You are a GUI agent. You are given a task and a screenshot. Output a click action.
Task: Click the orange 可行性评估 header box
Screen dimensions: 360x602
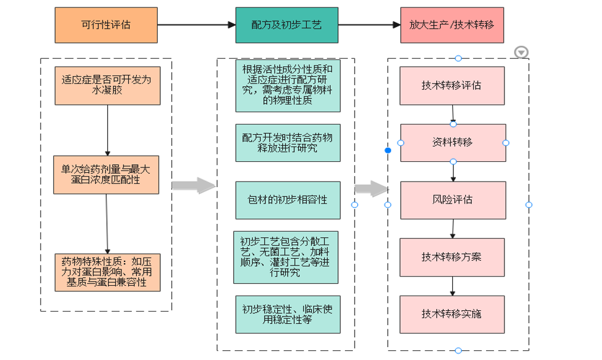(x=106, y=25)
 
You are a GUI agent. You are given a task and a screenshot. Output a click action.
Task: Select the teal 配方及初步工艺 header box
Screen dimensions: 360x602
(x=286, y=25)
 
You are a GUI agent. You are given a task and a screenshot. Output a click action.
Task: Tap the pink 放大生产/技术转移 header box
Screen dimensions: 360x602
(x=452, y=25)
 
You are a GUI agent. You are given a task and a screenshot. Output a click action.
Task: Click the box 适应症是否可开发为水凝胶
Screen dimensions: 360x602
(x=107, y=86)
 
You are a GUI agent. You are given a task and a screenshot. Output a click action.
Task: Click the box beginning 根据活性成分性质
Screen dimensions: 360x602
(x=287, y=85)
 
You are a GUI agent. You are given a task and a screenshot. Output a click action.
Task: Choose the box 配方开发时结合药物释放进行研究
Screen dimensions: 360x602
(x=287, y=143)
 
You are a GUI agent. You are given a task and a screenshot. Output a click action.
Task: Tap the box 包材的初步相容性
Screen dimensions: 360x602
(x=287, y=200)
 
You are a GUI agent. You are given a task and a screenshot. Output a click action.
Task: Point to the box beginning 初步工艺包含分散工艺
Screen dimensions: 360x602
(x=285, y=257)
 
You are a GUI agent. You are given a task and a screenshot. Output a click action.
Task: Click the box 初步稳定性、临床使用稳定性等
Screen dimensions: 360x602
(x=287, y=314)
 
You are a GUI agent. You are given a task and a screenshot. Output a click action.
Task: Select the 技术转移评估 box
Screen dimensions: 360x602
(x=452, y=86)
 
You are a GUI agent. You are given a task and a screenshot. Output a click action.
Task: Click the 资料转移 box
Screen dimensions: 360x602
(x=453, y=143)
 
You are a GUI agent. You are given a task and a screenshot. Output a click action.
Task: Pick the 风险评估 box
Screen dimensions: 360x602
(x=452, y=200)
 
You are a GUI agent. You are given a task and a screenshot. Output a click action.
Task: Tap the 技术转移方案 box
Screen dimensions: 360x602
(x=452, y=257)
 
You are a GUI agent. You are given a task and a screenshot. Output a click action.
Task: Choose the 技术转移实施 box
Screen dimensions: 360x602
(x=452, y=314)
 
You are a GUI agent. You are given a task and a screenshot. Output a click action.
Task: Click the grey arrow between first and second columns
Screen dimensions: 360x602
(x=193, y=186)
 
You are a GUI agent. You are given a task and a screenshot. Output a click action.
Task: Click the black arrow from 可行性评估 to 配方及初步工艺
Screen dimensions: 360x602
(x=196, y=25)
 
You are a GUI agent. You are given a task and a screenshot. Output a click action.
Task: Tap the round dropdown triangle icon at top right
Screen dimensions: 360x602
(x=521, y=53)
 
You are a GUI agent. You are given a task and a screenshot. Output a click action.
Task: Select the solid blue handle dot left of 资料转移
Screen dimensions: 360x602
(x=388, y=150)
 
